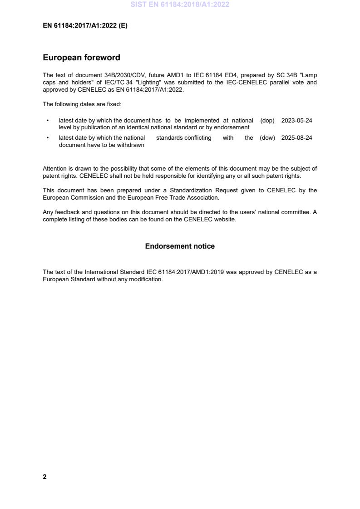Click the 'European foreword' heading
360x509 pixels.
pyautogui.click(x=81, y=58)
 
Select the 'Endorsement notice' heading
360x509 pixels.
pyautogui.click(x=180, y=246)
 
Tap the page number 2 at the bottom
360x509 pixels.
pyautogui.click(x=44, y=477)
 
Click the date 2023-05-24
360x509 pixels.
pyautogui.click(x=296, y=121)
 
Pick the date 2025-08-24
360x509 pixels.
pyautogui.click(x=296, y=138)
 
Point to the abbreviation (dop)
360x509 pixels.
pyautogui.click(x=267, y=121)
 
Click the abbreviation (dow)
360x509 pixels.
pyautogui.click(x=267, y=138)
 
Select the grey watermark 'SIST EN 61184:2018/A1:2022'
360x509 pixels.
pyautogui.click(x=180, y=5)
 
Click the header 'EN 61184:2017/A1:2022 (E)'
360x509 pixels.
pyautogui.click(x=85, y=26)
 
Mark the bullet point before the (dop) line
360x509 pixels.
pyautogui.click(x=48, y=121)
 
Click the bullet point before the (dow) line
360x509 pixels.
pyautogui.click(x=48, y=138)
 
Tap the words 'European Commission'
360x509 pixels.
pyautogui.click(x=71, y=198)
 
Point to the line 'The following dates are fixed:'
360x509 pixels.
pyautogui.click(x=82, y=104)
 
